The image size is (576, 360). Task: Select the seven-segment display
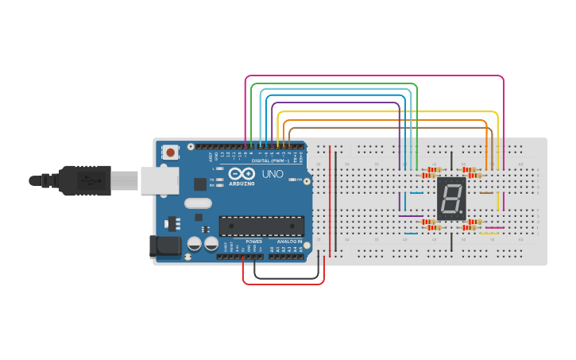tap(450, 199)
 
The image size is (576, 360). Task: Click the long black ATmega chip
tap(261, 226)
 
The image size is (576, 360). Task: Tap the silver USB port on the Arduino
tap(160, 180)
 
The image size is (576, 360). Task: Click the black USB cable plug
tap(87, 180)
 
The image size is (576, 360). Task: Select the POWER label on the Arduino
tap(253, 241)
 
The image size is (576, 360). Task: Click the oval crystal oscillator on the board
tap(199, 203)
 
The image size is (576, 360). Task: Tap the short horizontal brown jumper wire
tap(485, 192)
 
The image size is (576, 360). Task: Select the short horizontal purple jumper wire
tap(411, 216)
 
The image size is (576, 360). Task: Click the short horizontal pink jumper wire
tap(494, 227)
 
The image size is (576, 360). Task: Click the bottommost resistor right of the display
tap(474, 227)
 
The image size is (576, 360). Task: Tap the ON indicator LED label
tap(292, 180)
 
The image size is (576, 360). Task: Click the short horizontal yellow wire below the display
tap(488, 234)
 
